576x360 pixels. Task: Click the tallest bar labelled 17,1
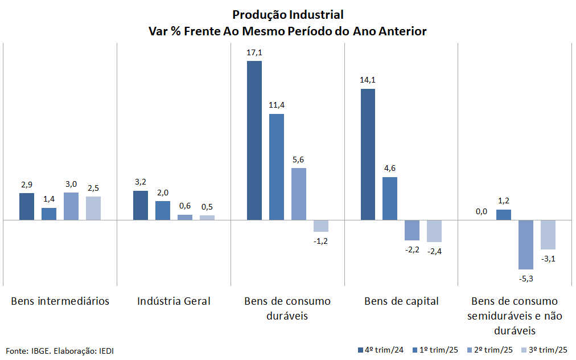click(254, 140)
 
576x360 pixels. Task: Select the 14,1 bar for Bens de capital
click(368, 154)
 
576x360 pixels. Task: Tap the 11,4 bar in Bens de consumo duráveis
click(276, 167)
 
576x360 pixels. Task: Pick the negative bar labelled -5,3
click(525, 244)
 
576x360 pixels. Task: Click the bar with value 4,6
click(390, 198)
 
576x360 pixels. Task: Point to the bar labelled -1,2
click(321, 226)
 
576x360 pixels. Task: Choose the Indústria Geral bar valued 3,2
click(140, 205)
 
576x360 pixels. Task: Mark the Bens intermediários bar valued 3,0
click(71, 206)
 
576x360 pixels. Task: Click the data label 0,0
click(482, 211)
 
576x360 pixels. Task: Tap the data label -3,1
click(548, 259)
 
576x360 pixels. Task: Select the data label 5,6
click(298, 159)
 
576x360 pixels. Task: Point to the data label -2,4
click(434, 251)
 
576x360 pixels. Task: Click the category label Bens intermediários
click(60, 301)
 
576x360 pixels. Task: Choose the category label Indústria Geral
click(174, 301)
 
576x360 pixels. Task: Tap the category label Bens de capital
click(401, 301)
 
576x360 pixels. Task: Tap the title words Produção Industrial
click(287, 14)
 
